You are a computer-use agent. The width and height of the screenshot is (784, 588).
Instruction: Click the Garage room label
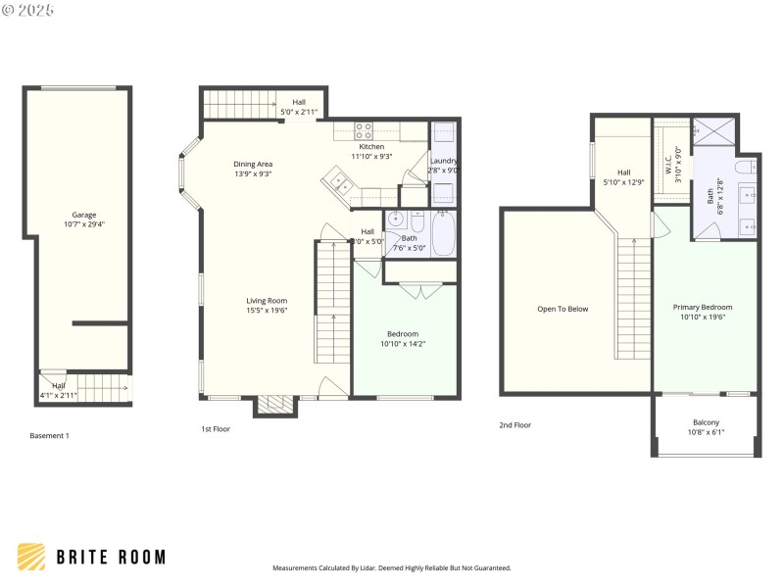(x=83, y=215)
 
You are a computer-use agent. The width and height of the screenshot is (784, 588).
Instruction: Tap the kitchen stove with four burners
(x=364, y=127)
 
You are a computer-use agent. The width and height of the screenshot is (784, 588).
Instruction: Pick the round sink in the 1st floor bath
(x=397, y=219)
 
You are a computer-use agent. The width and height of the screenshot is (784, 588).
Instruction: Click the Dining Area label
(x=253, y=164)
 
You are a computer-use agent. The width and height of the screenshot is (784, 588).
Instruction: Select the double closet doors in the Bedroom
(x=416, y=290)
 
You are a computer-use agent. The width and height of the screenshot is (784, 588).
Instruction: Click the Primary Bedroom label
(x=703, y=307)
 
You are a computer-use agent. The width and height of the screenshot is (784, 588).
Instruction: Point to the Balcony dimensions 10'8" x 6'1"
(x=706, y=431)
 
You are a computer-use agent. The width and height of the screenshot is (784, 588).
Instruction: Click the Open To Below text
(x=563, y=309)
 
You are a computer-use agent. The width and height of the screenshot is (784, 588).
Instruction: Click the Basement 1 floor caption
(x=49, y=435)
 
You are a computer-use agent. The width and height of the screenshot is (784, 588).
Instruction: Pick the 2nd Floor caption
(x=514, y=425)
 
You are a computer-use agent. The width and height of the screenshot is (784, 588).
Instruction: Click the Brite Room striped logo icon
(x=31, y=557)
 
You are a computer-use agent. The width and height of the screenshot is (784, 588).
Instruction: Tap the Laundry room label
(x=443, y=161)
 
